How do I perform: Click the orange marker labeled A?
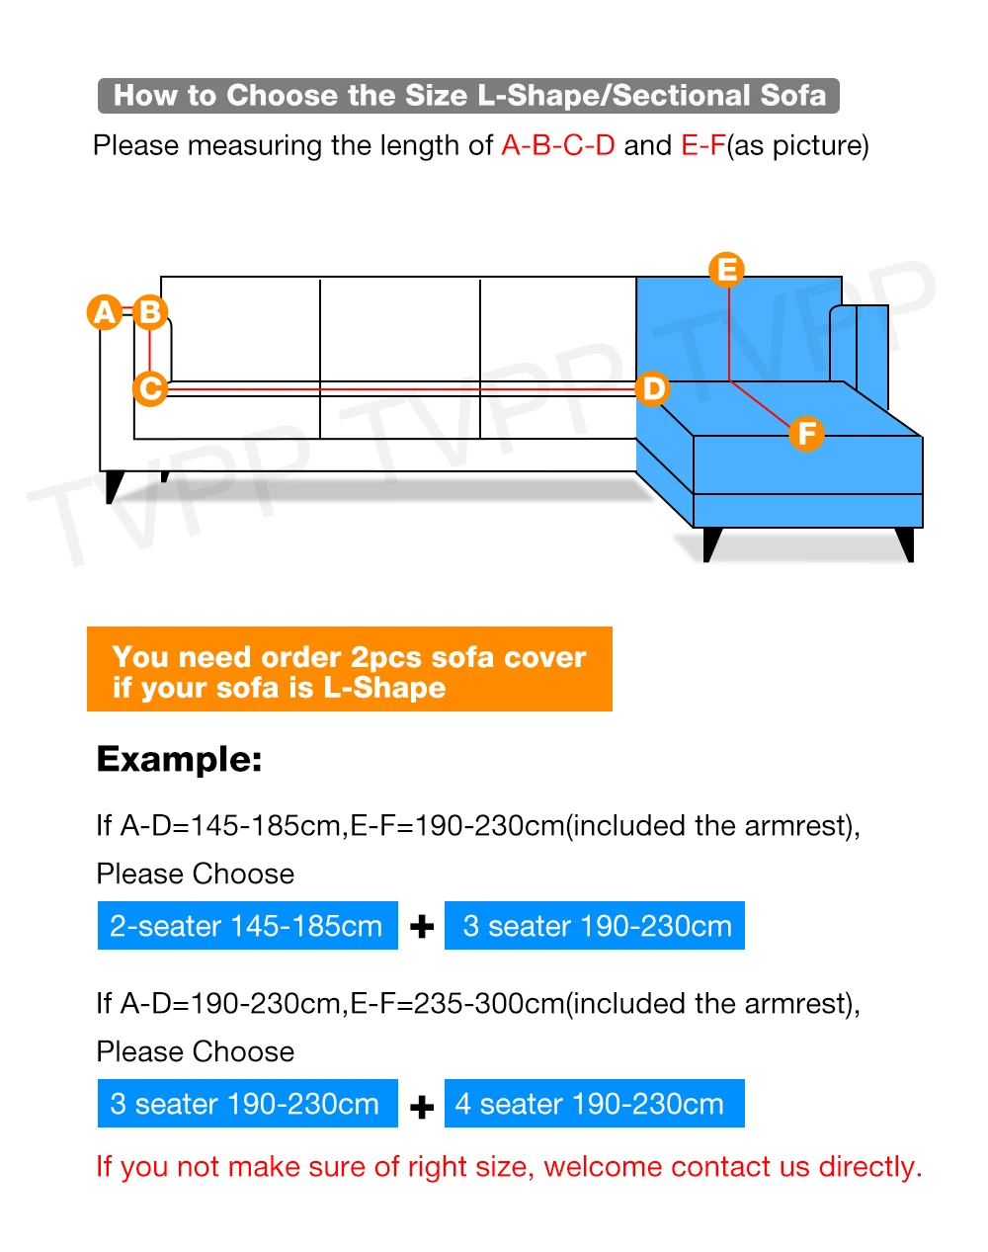coord(104,312)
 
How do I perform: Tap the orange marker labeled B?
coord(150,312)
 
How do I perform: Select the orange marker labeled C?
coord(150,388)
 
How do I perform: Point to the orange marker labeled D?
coord(652,388)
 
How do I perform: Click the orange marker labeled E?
coord(727,270)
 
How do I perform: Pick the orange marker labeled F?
coord(806,433)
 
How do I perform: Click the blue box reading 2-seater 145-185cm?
coord(247,926)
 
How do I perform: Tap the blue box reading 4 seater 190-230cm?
coord(594,1104)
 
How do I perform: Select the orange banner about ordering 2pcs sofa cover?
coord(349,670)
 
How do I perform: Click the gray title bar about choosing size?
coord(468,96)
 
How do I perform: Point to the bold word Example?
coord(179,759)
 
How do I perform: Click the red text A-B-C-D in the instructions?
coord(557,146)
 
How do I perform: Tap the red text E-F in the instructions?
coord(702,146)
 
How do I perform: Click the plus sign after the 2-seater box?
coord(422,927)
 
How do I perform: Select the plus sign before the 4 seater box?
coord(422,1107)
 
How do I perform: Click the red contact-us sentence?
coord(509,1167)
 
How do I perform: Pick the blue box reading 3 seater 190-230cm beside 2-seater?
coord(594,926)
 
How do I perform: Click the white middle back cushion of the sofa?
coord(399,329)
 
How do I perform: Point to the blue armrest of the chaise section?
coord(858,346)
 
